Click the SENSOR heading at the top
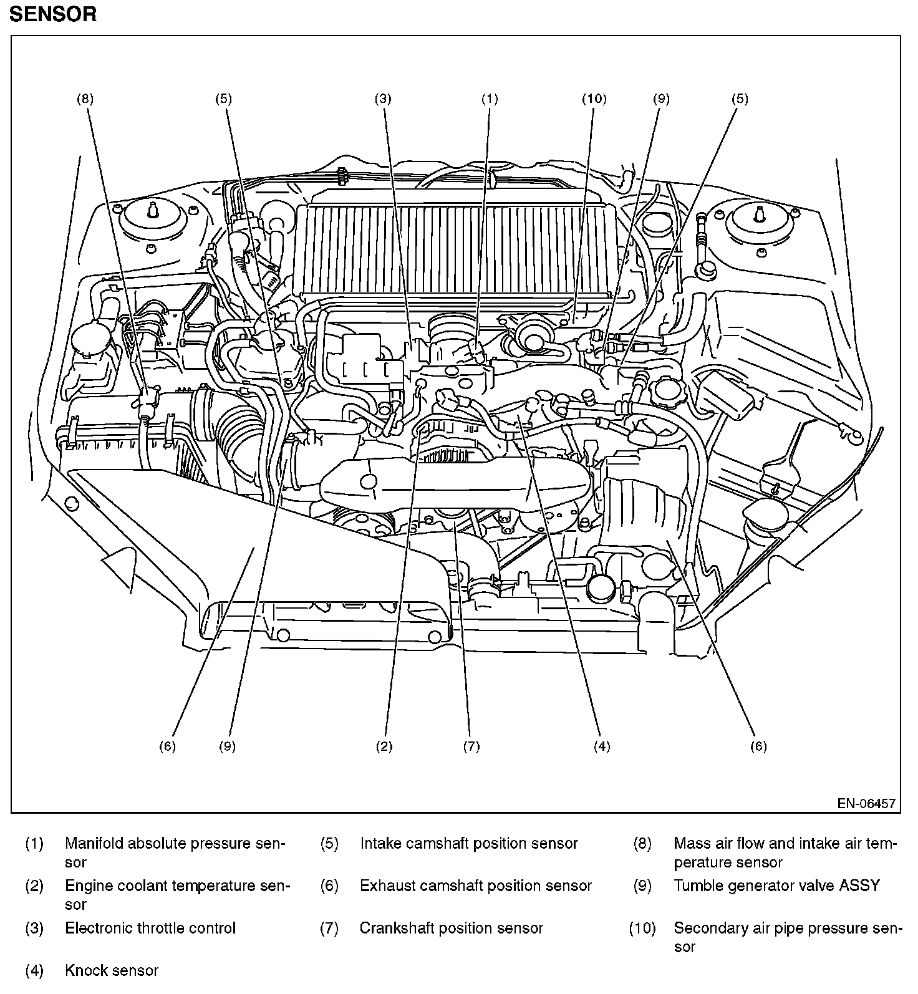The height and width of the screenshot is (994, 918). (x=53, y=14)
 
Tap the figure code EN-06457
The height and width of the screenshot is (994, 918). (x=866, y=803)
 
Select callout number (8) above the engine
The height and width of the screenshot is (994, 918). (x=85, y=99)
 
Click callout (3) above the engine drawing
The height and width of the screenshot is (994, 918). (x=382, y=99)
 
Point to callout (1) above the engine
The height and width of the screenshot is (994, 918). (x=490, y=99)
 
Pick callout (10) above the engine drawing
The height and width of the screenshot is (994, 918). (x=594, y=99)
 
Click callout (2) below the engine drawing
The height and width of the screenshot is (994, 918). (x=384, y=746)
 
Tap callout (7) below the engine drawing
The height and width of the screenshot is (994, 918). (x=471, y=746)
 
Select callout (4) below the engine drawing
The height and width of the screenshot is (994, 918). (x=601, y=746)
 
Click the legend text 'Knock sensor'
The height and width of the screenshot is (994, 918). (x=112, y=970)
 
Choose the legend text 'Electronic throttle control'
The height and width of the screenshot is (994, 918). (x=150, y=928)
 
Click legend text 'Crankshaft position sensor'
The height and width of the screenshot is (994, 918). (x=451, y=928)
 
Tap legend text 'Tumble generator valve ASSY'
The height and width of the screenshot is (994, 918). (x=776, y=885)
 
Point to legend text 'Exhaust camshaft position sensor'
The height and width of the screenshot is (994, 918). (x=475, y=885)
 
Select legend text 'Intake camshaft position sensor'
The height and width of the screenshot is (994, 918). (x=469, y=844)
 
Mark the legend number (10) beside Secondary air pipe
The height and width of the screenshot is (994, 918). (x=642, y=928)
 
